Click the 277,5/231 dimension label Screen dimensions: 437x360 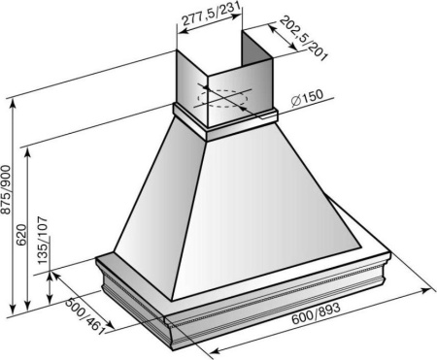click(212, 14)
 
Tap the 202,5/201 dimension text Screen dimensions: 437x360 click(303, 38)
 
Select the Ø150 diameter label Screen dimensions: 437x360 click(307, 98)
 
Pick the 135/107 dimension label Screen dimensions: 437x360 click(43, 240)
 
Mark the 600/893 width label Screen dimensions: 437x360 click(317, 312)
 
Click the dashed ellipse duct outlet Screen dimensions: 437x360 click(223, 99)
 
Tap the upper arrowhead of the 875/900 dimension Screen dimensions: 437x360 click(13, 103)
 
